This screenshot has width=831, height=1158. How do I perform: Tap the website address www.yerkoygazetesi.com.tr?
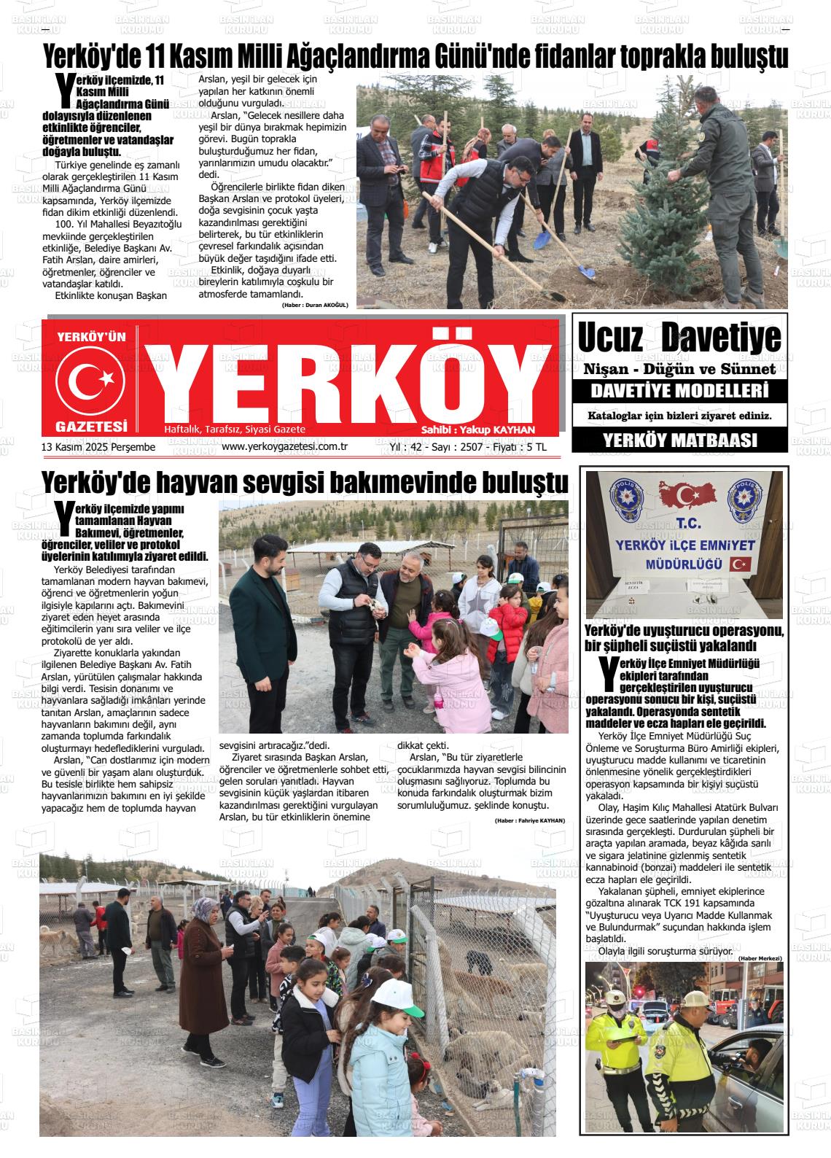click(x=284, y=447)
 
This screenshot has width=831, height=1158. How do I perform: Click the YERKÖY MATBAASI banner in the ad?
click(x=679, y=440)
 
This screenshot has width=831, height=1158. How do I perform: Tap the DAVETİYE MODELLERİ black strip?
click(x=679, y=392)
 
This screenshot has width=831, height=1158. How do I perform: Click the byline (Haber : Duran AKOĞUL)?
click(x=315, y=305)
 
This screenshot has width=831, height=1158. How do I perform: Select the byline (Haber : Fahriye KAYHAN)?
click(x=529, y=820)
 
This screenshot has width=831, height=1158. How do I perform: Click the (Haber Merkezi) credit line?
click(x=760, y=957)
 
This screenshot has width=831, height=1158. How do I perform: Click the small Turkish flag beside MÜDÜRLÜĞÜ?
click(x=741, y=564)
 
